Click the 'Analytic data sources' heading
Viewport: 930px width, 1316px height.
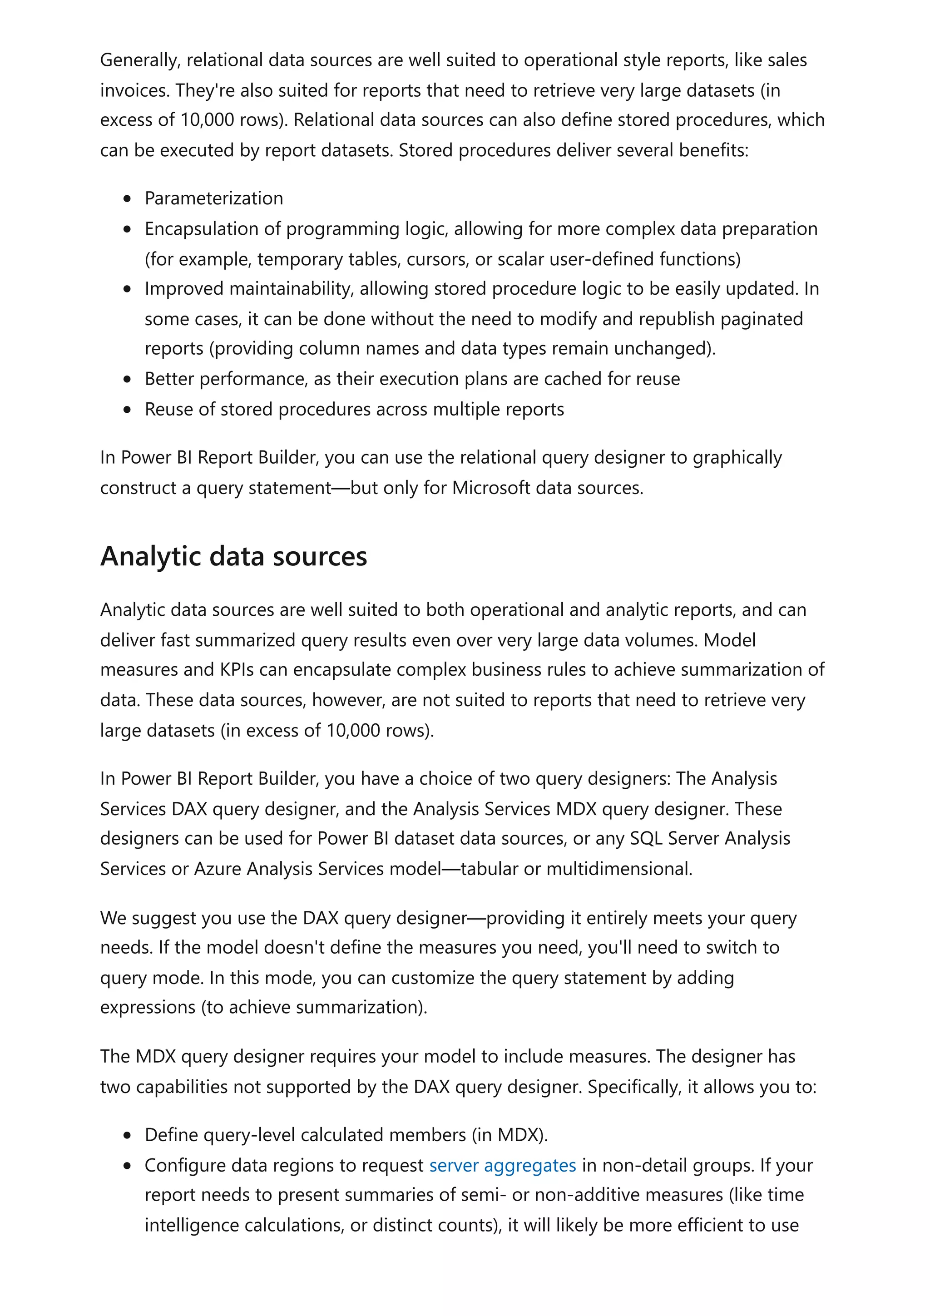click(233, 557)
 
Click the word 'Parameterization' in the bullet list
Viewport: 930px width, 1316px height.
click(214, 198)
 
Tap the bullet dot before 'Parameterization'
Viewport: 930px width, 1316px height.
click(127, 199)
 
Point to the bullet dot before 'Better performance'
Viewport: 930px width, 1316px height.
click(127, 380)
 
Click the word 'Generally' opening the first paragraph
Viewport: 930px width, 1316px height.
click(140, 60)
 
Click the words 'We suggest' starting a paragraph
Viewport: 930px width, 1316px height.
click(148, 918)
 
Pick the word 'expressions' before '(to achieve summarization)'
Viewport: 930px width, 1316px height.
click(147, 1007)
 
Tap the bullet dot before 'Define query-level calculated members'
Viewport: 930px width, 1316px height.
click(127, 1135)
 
